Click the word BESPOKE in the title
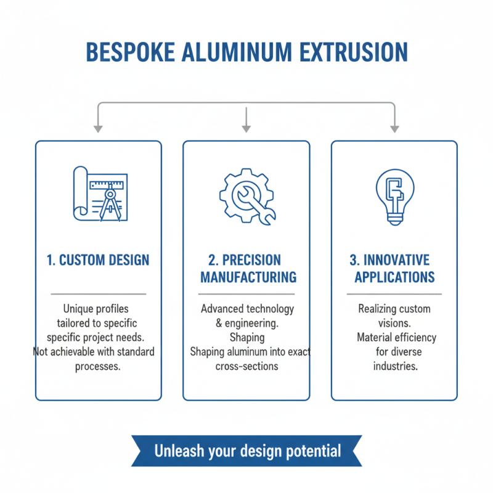129,52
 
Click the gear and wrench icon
247,195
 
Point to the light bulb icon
394,195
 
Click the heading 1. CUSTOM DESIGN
98,259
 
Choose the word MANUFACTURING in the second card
248,277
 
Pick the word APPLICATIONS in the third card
394,277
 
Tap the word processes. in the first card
98,366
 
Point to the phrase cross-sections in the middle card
246,366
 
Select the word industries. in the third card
395,366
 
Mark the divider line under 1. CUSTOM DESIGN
98,294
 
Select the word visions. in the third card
395,324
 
